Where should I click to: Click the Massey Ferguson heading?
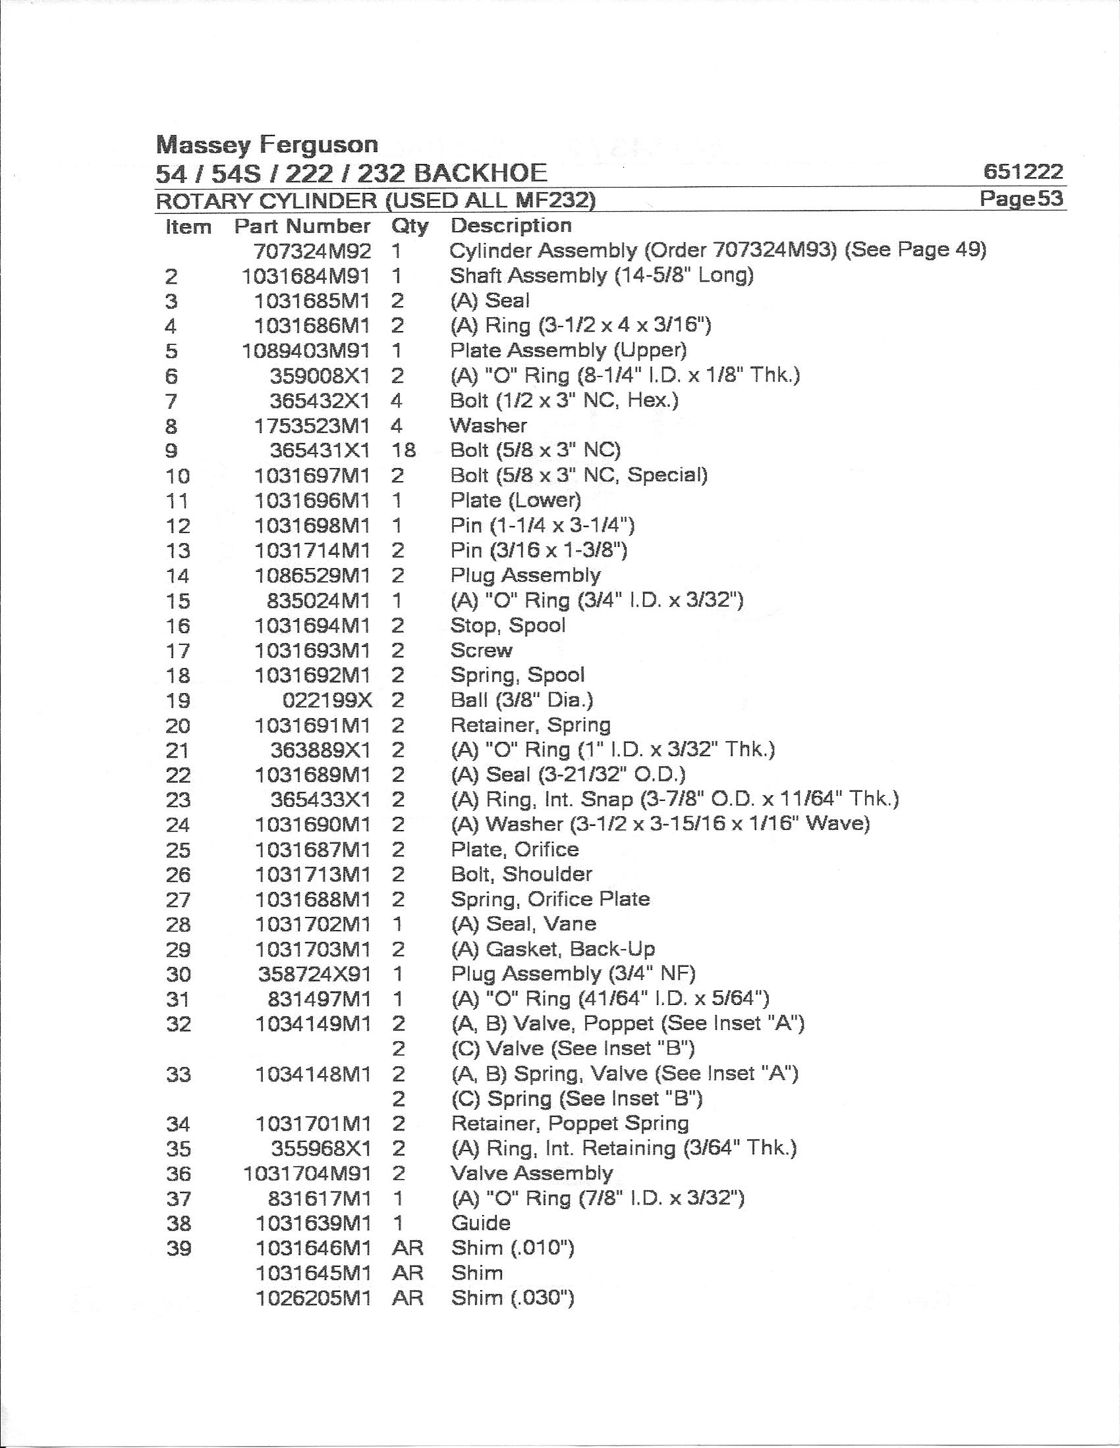tap(267, 145)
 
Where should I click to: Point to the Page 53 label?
tap(1021, 198)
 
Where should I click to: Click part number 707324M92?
tap(312, 251)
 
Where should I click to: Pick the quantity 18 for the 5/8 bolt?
tap(403, 450)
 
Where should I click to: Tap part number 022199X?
tap(327, 700)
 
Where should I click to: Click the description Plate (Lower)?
tap(516, 500)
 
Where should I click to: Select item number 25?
tap(178, 850)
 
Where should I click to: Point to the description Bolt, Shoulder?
tap(521, 874)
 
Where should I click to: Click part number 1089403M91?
tap(306, 351)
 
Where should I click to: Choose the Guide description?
tap(480, 1224)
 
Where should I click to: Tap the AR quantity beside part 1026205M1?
tap(407, 1298)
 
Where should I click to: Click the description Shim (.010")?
tap(512, 1248)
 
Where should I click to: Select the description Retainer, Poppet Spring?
tap(569, 1123)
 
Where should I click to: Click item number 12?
tap(178, 526)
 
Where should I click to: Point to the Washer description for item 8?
tap(488, 426)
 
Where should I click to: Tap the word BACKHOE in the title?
tap(480, 173)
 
